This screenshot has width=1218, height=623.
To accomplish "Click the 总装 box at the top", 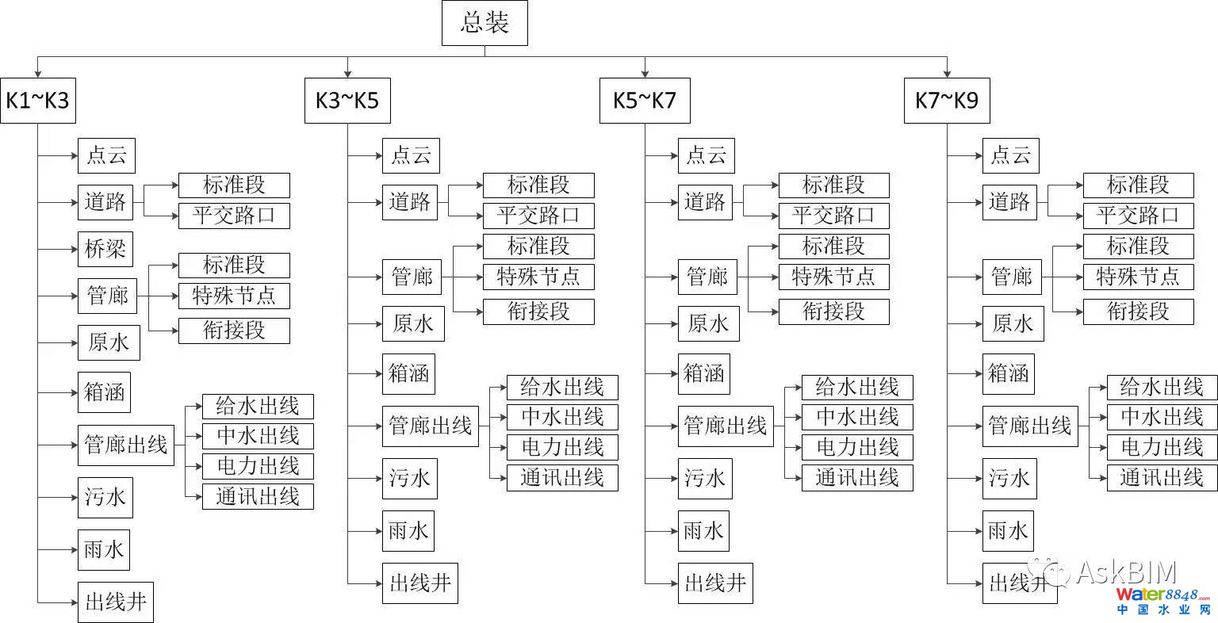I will (x=484, y=22).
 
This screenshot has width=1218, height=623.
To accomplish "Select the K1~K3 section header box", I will (x=37, y=101).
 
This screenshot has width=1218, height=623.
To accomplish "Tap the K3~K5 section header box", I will (x=347, y=101).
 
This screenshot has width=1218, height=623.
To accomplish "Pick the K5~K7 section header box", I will (x=644, y=101).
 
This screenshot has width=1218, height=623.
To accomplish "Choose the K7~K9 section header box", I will (x=947, y=101).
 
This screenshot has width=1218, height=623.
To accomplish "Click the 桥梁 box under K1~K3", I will (x=105, y=249).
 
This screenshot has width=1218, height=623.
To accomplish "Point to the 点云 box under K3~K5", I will (x=411, y=155).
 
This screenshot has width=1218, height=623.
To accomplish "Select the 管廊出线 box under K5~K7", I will (x=725, y=426).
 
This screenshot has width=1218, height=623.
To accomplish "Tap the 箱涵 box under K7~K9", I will (x=1008, y=373).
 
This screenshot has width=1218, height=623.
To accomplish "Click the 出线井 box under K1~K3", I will (x=116, y=602).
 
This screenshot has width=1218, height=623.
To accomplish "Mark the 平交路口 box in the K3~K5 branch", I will (x=538, y=216).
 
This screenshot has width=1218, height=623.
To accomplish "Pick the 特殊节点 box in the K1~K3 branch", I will (x=234, y=296).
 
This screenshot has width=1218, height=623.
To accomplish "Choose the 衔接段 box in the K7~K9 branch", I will (x=1138, y=311).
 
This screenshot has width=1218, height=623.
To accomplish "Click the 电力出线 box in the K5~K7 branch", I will (x=857, y=447).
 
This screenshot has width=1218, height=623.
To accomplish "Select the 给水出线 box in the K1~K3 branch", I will (x=258, y=407).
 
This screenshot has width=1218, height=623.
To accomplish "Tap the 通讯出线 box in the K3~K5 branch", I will (x=562, y=477).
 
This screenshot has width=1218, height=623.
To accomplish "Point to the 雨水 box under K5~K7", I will (x=703, y=531).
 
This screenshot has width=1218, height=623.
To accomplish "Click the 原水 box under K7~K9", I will (x=1013, y=323).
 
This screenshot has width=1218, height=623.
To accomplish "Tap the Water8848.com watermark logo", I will (x=1163, y=599).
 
